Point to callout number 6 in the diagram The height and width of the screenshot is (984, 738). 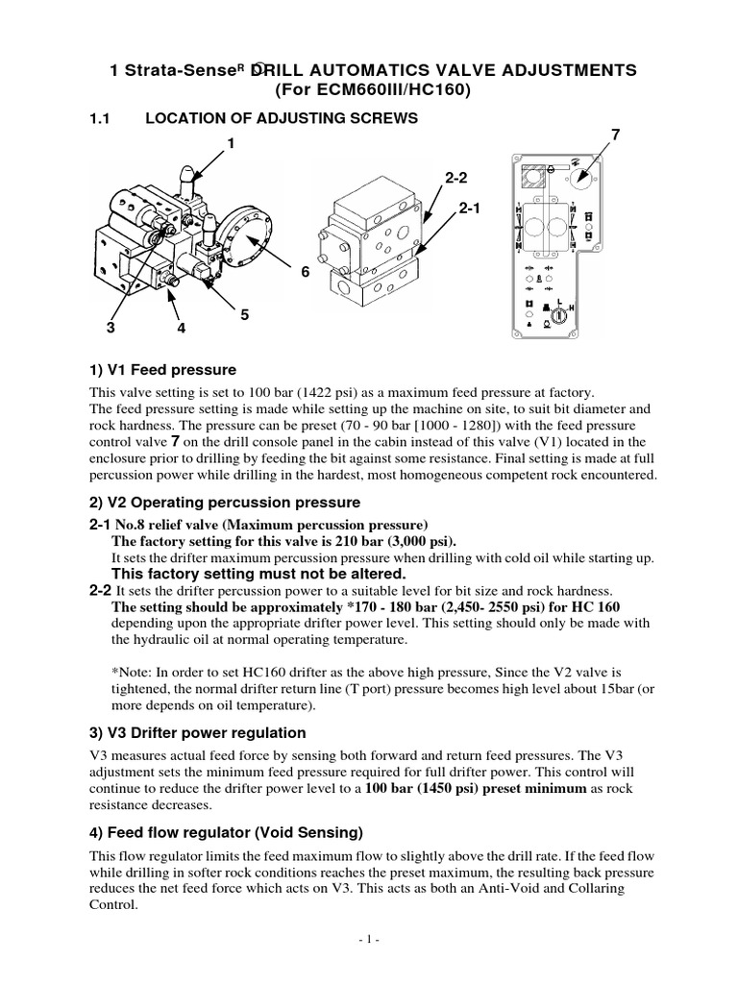[307, 273]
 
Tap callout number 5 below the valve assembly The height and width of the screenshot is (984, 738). [244, 314]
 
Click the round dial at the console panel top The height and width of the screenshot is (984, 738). [582, 177]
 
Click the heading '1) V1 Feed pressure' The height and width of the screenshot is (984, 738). [162, 370]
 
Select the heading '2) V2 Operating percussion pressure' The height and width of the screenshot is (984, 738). [225, 503]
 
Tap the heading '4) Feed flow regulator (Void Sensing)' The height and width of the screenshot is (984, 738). [226, 831]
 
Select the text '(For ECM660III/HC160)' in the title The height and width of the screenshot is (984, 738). [369, 91]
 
